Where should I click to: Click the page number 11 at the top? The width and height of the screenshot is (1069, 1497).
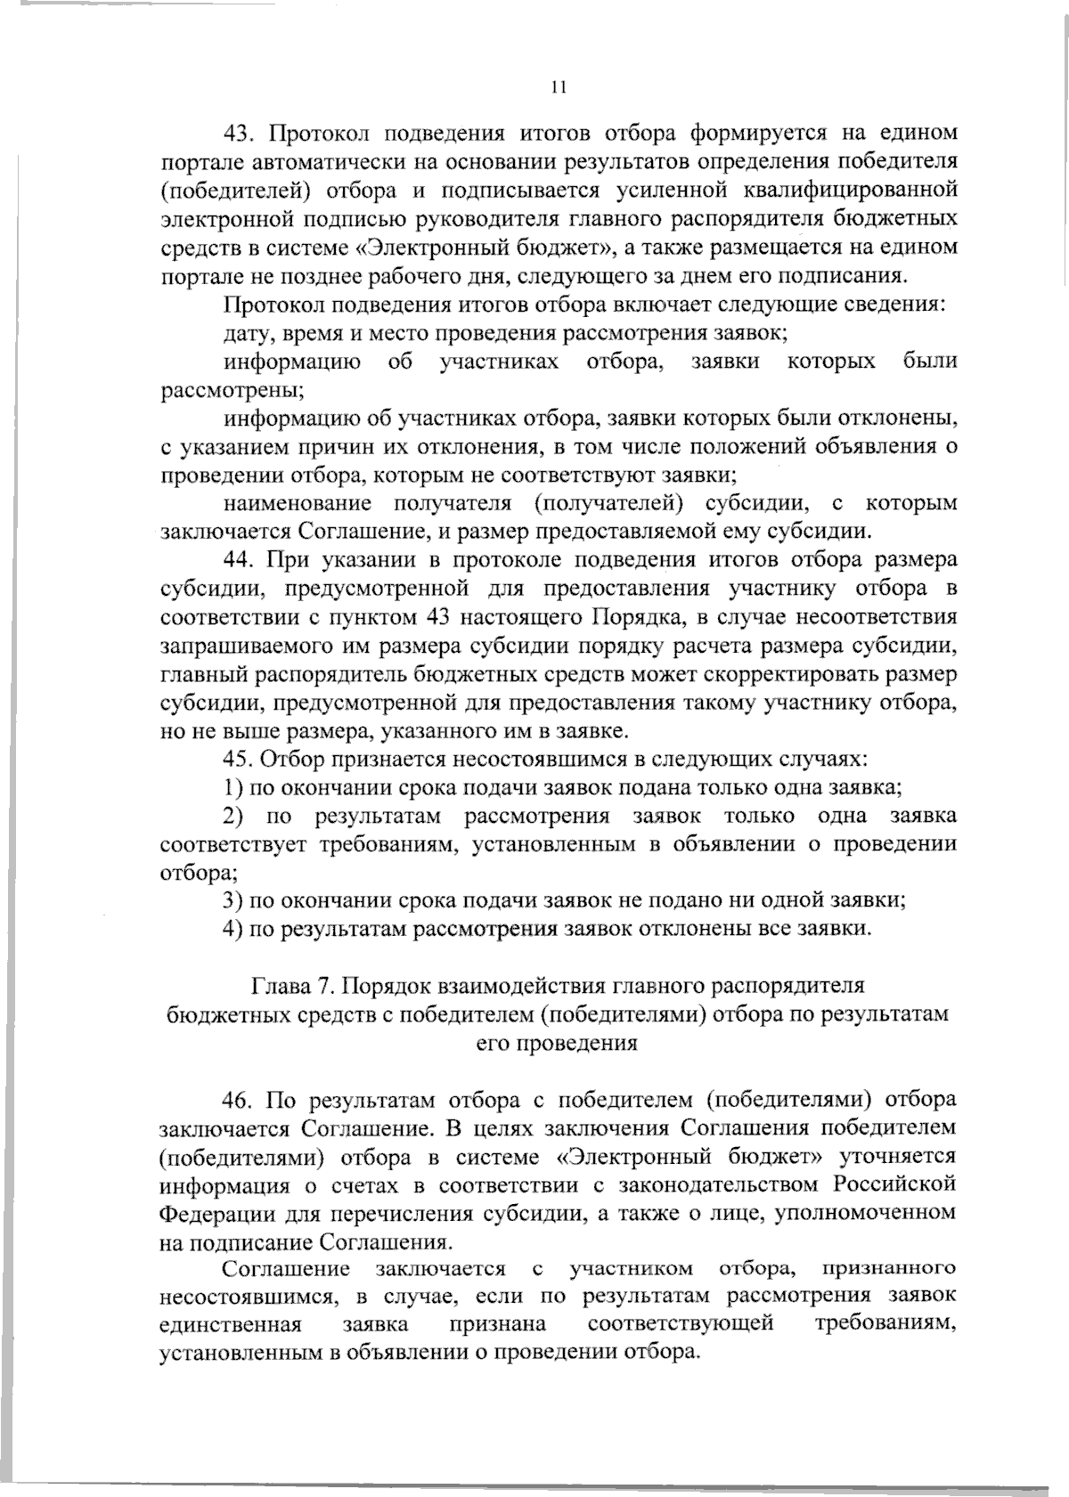click(559, 87)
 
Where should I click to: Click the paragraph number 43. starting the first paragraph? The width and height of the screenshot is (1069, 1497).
click(239, 134)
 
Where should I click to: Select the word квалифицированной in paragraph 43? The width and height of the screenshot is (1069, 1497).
click(854, 190)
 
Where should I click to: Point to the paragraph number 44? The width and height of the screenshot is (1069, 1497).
click(239, 560)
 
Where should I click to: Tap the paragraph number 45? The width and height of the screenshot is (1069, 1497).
click(239, 760)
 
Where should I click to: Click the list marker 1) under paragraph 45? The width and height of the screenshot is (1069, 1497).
click(233, 788)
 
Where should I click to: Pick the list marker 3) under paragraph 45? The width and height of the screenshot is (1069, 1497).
click(233, 900)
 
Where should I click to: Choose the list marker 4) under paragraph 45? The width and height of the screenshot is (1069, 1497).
click(233, 929)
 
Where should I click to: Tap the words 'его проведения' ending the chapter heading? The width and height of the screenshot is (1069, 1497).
click(558, 1043)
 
